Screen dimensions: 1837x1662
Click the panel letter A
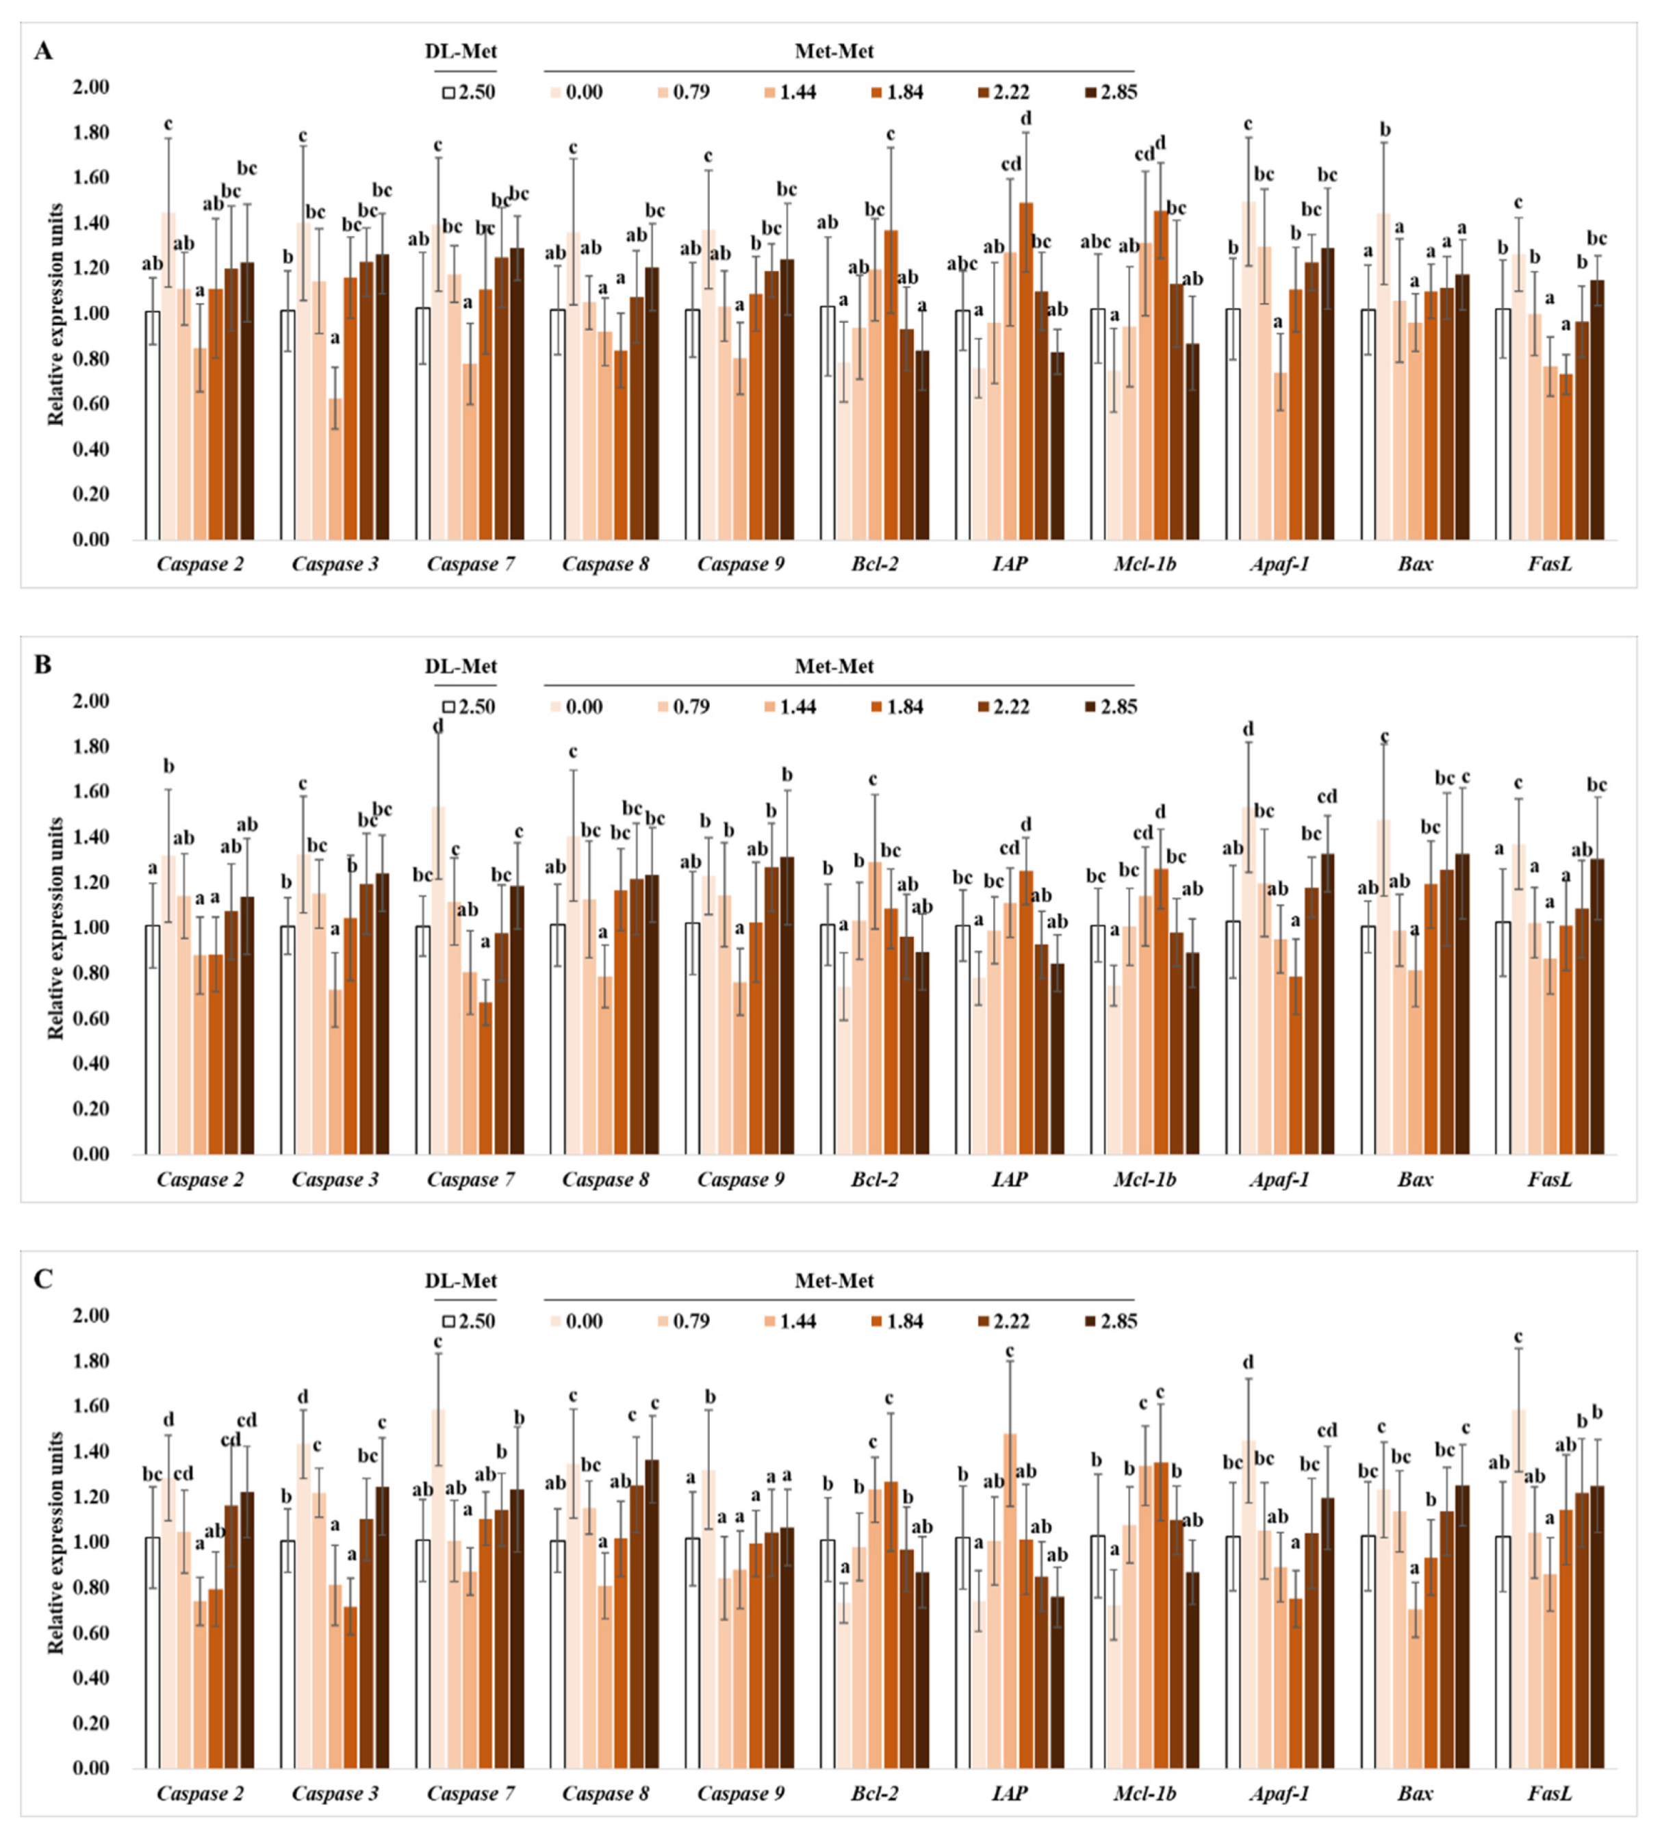[x=43, y=51]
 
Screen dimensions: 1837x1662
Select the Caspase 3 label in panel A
[x=335, y=564]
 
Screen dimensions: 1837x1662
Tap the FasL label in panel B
[x=1549, y=1179]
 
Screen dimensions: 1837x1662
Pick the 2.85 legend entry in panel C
[x=1109, y=1321]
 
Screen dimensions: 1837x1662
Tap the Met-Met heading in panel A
[x=834, y=51]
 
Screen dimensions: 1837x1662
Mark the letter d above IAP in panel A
[x=1026, y=118]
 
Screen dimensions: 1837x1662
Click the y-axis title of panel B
[x=57, y=927]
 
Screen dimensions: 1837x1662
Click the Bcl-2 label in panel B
[x=874, y=1179]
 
